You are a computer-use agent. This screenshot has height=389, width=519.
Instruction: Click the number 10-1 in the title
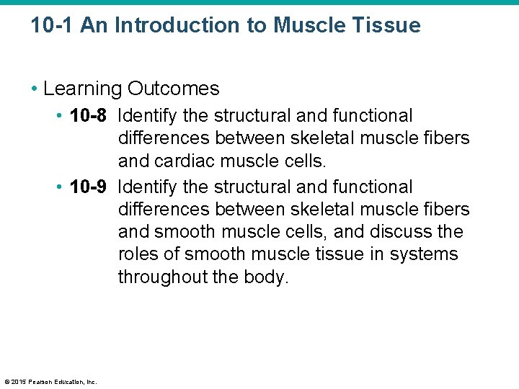[x=53, y=26]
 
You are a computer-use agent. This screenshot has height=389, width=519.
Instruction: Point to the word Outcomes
[x=174, y=89]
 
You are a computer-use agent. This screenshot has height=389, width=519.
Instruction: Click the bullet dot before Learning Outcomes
[x=35, y=89]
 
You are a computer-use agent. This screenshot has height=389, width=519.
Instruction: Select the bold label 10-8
[x=88, y=116]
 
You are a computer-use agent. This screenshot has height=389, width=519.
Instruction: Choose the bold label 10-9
[x=88, y=187]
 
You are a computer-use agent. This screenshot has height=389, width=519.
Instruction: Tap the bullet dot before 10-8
[x=61, y=116]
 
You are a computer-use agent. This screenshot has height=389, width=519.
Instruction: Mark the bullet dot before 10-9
[x=61, y=187]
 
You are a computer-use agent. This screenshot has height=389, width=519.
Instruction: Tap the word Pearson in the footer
[x=41, y=382]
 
